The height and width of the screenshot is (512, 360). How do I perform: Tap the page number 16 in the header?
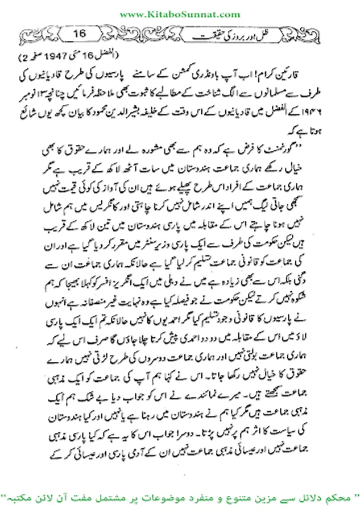tap(79, 34)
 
